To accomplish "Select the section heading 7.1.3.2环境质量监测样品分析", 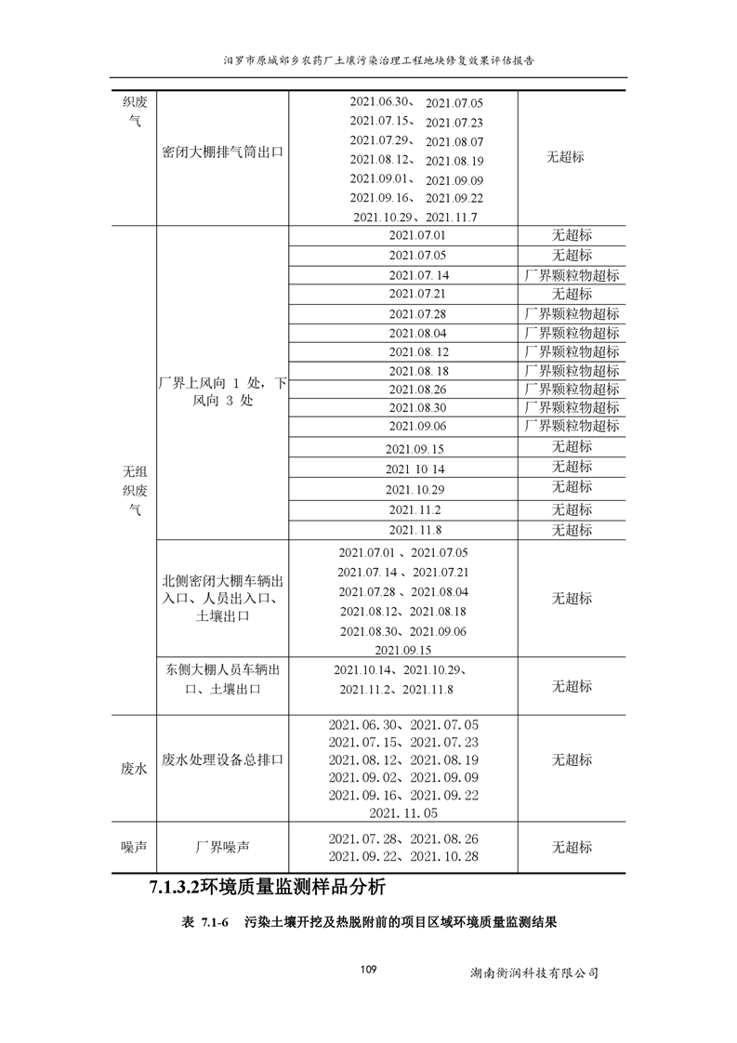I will pyautogui.click(x=267, y=887).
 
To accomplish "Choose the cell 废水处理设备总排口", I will pyautogui.click(x=222, y=759).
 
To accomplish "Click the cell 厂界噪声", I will pyautogui.click(x=222, y=847).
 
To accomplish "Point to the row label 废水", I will pyautogui.click(x=134, y=769).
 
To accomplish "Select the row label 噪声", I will pyautogui.click(x=134, y=847).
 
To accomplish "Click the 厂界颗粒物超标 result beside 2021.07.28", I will pyautogui.click(x=572, y=314).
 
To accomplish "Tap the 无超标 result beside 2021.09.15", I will pyautogui.click(x=572, y=446).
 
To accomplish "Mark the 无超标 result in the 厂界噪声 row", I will pyautogui.click(x=572, y=847).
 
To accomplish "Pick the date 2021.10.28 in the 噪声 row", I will pyautogui.click(x=444, y=856).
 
